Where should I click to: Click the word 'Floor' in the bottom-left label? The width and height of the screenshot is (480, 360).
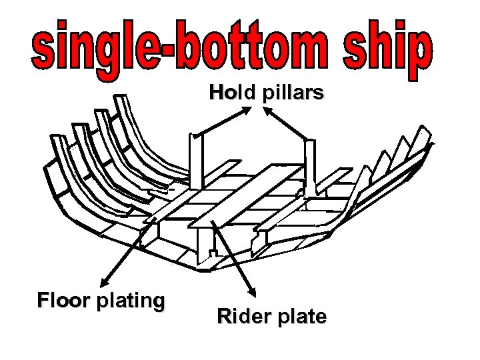(x=65, y=301)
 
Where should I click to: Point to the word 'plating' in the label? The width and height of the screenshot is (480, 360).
(x=130, y=302)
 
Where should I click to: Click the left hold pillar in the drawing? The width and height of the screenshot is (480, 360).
(x=195, y=160)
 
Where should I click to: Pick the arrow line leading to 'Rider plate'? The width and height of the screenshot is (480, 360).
(x=233, y=257)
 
